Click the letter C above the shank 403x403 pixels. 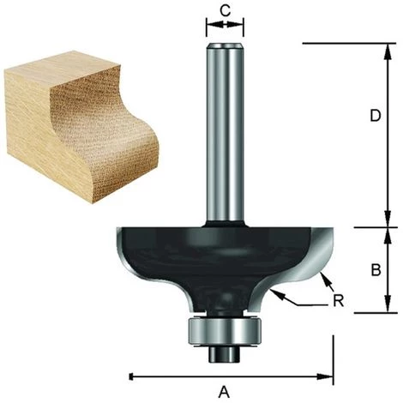(226, 9)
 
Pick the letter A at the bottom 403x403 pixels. (226, 392)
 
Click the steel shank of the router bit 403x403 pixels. (226, 129)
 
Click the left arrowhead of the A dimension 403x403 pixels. (133, 376)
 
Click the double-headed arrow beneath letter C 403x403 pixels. (226, 26)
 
